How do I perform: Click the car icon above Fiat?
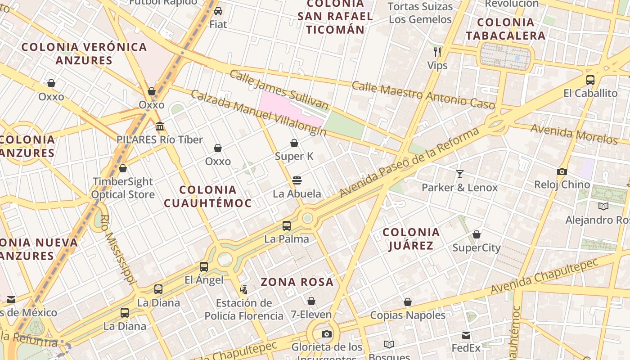218,11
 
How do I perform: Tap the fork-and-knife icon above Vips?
437,52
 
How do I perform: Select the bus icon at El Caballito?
590,80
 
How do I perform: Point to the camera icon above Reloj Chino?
562,171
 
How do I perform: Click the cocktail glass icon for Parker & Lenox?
459,174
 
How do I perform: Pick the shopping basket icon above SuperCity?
476,234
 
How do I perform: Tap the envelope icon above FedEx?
466,335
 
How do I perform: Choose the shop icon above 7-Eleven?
311,301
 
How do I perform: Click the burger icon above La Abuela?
297,180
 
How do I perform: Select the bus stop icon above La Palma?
287,225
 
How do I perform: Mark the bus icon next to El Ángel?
204,266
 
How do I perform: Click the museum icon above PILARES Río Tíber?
160,126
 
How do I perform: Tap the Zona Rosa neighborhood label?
297,282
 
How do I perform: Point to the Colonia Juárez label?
411,238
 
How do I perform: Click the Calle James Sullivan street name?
279,90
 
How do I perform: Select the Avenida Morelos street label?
574,134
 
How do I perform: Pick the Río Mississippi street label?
118,250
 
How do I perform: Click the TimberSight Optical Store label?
122,188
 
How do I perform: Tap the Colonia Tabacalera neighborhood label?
505,29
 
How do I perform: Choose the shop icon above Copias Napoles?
407,302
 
